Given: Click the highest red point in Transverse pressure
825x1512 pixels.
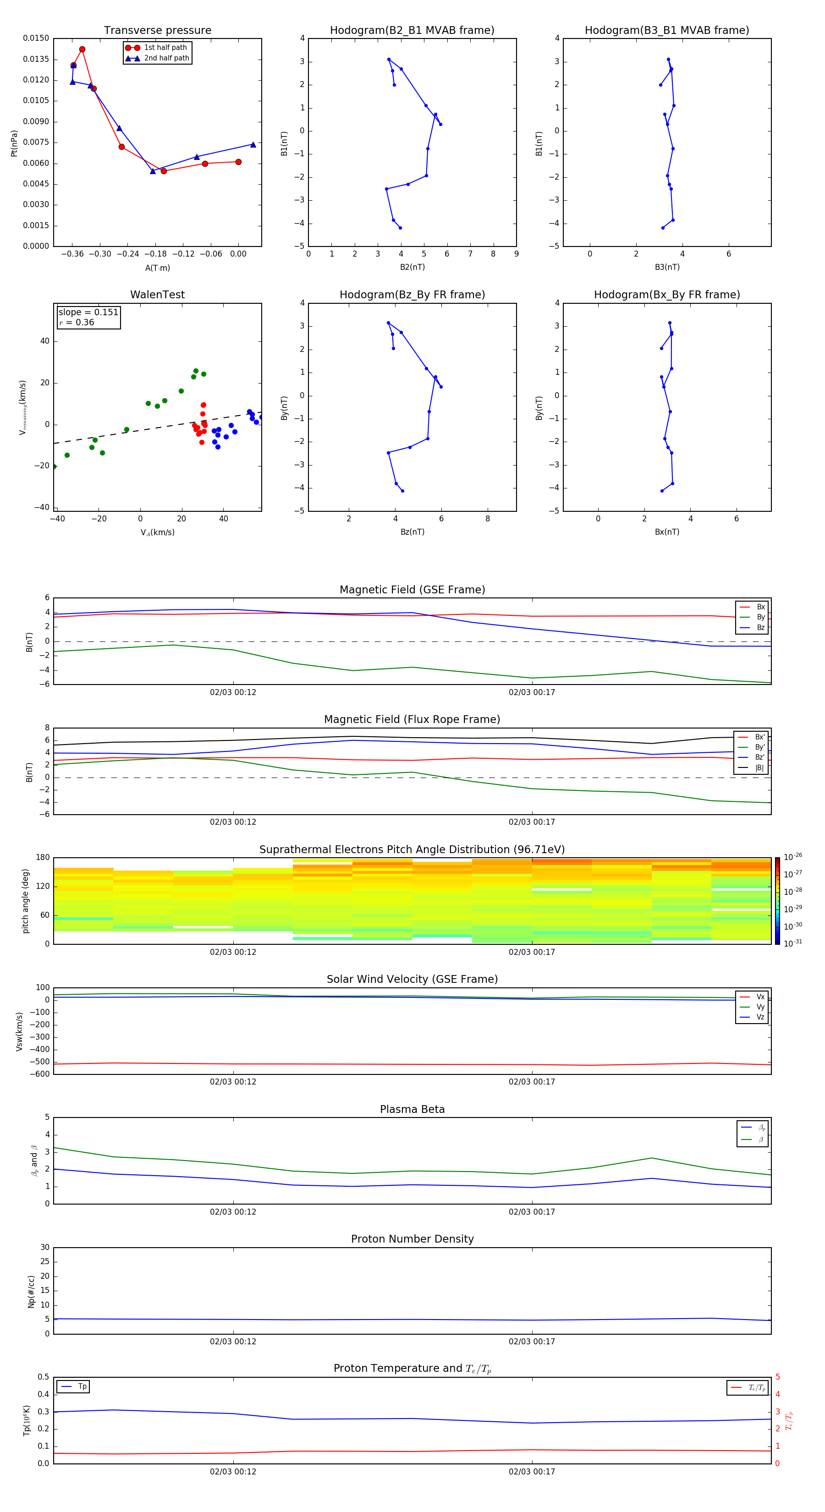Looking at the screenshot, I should [82, 49].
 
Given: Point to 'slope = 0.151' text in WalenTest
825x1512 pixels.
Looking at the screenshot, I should [88, 312].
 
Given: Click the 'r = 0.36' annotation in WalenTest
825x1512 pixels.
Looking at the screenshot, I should [77, 322].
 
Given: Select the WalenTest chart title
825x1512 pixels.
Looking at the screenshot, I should [157, 295].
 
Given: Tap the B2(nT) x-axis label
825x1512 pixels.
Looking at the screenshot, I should [412, 267].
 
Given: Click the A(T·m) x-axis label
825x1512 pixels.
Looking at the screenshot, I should [157, 268].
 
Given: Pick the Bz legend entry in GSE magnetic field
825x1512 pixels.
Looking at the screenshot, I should [760, 627].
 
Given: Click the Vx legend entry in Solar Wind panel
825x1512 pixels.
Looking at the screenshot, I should [760, 997].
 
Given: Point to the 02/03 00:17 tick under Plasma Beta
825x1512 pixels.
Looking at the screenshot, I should [531, 1211].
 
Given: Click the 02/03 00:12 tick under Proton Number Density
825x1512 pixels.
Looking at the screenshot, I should [233, 1341].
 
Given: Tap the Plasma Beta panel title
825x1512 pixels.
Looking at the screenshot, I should [412, 1109].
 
